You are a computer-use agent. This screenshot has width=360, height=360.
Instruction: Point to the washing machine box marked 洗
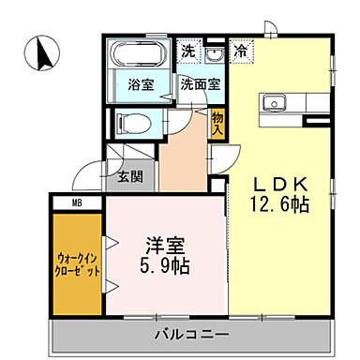[188, 51]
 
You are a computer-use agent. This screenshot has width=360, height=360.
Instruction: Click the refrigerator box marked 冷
[241, 52]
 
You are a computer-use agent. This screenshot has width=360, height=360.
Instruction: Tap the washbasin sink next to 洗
[215, 53]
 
